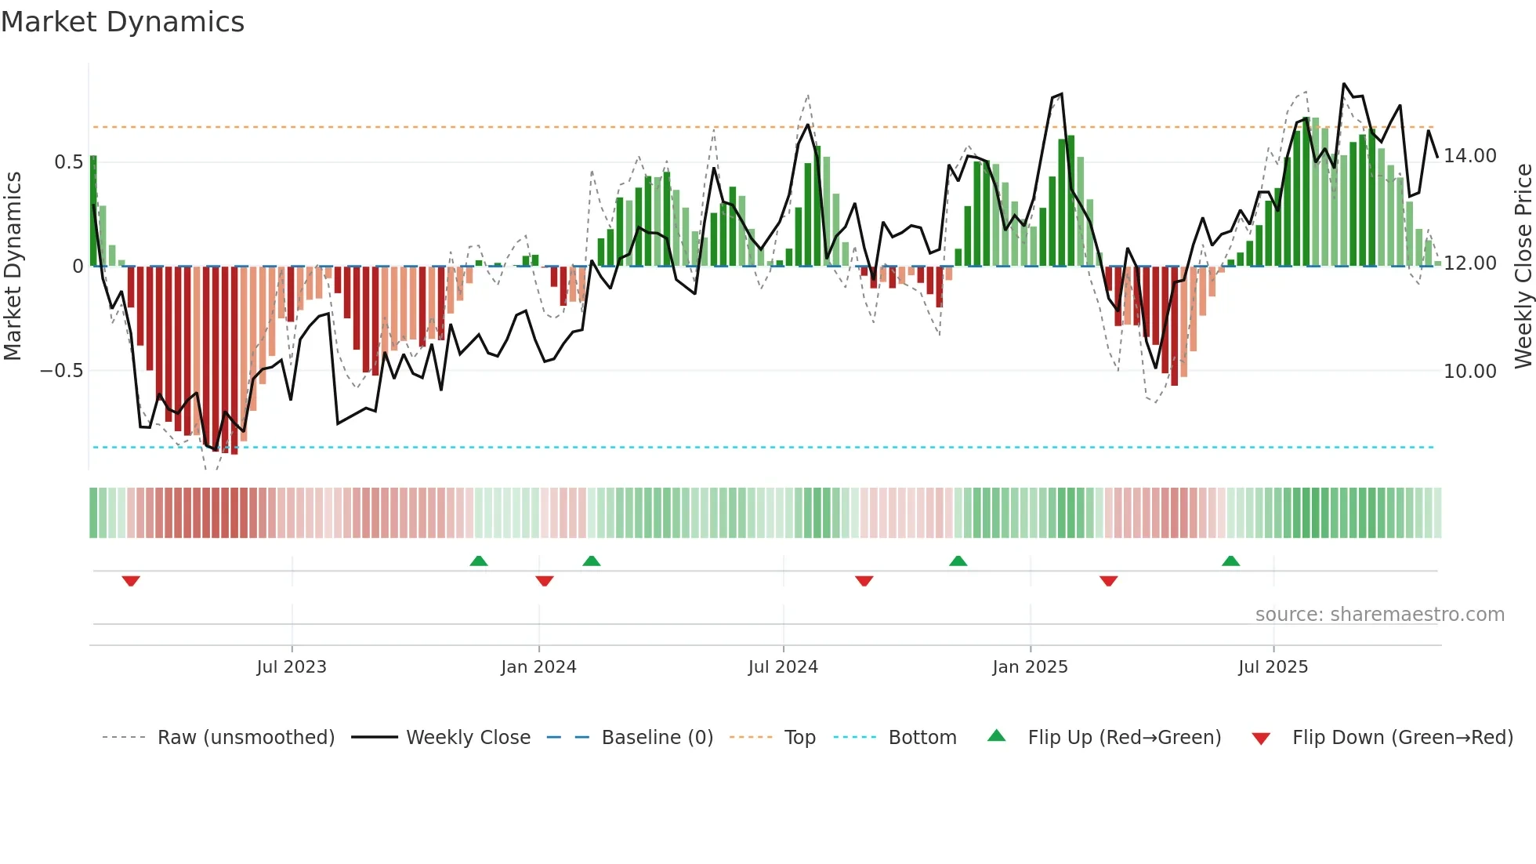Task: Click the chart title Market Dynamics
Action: pos(122,22)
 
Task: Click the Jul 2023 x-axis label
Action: pos(292,667)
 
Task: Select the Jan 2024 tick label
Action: pos(538,667)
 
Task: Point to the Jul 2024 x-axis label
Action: pos(783,667)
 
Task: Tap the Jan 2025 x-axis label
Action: pos(1030,667)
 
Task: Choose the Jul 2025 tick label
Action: pos(1273,667)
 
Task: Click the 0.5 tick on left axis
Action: pos(68,162)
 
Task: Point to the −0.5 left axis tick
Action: pos(61,370)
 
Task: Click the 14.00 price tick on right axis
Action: pos(1470,156)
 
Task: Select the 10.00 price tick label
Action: pos(1470,372)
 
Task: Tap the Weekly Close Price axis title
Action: pos(1523,267)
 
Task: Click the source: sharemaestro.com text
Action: pos(1379,615)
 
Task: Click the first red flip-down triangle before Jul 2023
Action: pos(131,581)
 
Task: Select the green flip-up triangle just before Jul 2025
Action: pos(1230,561)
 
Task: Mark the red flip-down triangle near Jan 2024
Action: pos(545,581)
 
